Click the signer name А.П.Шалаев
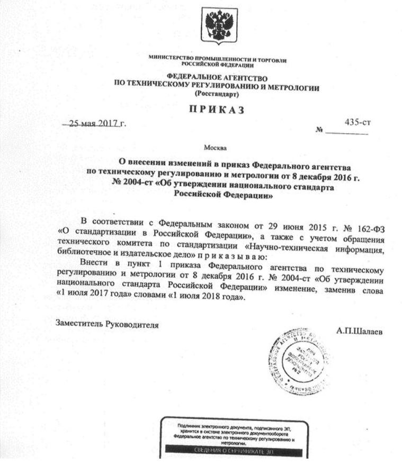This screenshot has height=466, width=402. pyautogui.click(x=359, y=331)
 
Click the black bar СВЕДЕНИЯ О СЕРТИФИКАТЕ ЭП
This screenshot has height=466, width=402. pyautogui.click(x=233, y=453)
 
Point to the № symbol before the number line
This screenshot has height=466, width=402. pyautogui.click(x=318, y=130)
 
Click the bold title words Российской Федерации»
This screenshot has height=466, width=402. pyautogui.click(x=223, y=195)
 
